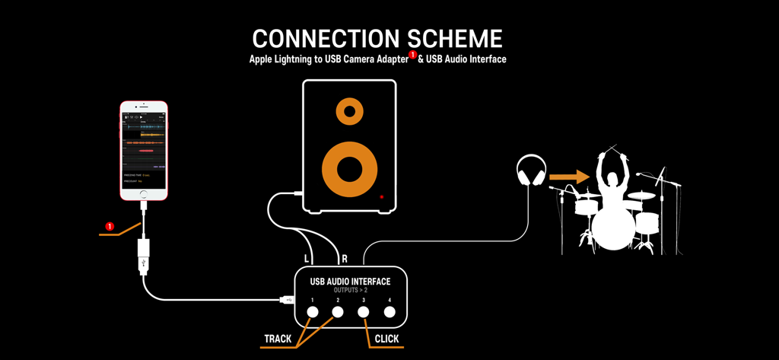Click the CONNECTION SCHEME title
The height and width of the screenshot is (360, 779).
coord(377,39)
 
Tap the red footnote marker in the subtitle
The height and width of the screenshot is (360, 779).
coord(413,55)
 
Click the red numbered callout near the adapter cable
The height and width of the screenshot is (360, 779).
coord(110,227)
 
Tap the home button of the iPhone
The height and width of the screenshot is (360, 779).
coord(143,195)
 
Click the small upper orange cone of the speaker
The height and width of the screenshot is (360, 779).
coord(349,112)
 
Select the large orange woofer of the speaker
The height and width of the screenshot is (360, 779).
coord(349,168)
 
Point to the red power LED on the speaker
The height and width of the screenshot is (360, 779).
coord(382,197)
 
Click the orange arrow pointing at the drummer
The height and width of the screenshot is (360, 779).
coord(569,177)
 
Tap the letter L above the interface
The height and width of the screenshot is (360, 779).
coord(307,260)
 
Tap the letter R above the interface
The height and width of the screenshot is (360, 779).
coord(345,260)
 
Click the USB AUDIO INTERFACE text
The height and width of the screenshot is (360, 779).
coord(350,282)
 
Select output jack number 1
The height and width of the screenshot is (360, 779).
coord(313,311)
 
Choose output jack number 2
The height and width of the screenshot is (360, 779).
coord(338,311)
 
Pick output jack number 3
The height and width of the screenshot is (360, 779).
coord(364,311)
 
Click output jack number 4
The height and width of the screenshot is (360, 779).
coord(389,311)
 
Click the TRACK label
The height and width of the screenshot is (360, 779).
coord(278,339)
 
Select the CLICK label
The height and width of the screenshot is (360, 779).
coord(386,339)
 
